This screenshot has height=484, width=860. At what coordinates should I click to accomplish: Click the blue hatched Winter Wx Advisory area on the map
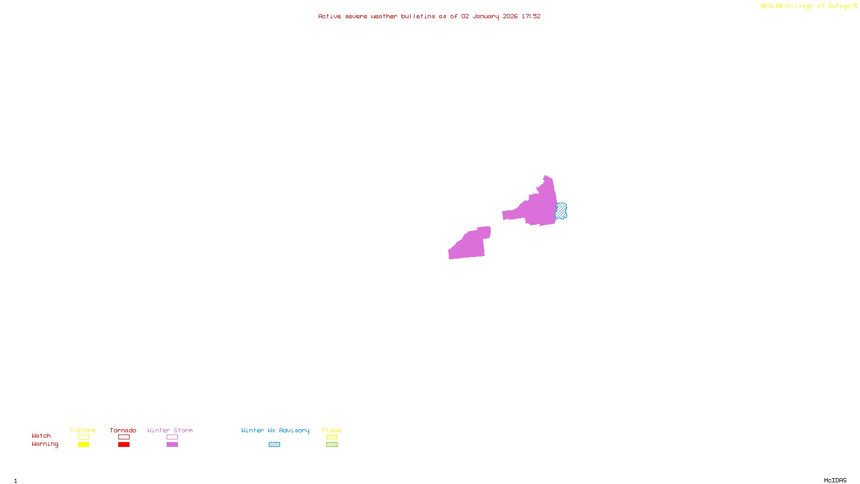[561, 211]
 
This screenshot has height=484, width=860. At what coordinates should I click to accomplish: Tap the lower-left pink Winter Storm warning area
[469, 246]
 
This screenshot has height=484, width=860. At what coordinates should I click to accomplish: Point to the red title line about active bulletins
[429, 17]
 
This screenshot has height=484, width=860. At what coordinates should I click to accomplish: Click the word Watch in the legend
[41, 436]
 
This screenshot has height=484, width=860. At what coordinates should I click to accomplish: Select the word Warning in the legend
[45, 444]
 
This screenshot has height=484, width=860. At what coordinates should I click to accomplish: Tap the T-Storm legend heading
[83, 430]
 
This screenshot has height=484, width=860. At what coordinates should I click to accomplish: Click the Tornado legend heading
[123, 430]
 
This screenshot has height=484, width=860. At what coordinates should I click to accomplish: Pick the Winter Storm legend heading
[170, 430]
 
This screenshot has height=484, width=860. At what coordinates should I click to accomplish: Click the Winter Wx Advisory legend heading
[275, 430]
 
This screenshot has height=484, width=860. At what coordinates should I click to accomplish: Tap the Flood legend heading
[332, 430]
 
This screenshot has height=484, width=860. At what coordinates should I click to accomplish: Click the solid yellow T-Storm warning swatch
[83, 445]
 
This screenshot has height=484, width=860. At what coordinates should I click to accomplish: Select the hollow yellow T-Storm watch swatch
[83, 437]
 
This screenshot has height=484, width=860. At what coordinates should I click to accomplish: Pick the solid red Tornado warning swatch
[124, 445]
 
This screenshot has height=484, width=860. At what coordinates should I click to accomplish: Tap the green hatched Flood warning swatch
[332, 445]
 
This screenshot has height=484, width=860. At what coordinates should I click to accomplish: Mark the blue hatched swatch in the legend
[274, 445]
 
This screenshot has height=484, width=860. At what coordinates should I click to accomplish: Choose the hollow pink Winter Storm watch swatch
[172, 437]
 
